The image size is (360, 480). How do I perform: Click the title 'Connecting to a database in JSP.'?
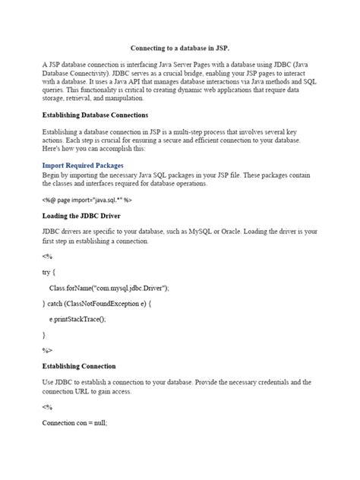pos(179,46)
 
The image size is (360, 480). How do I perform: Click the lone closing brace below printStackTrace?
pos(43,334)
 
